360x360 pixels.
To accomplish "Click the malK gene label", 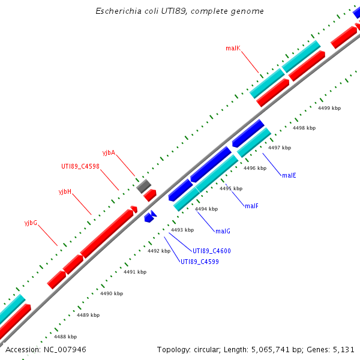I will tap(233, 48).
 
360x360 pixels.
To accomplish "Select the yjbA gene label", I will tap(109, 152).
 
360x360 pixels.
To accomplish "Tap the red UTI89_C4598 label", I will tap(80, 167).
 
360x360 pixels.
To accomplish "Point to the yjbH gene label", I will tap(65, 192).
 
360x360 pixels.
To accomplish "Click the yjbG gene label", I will tap(31, 223).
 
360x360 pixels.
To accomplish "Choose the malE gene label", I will tap(289, 175).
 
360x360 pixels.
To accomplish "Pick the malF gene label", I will tap(251, 206).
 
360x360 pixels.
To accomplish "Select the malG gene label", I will tap(223, 231).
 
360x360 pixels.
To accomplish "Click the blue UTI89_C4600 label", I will tap(211, 251).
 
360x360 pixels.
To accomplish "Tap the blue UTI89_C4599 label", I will tap(200, 262).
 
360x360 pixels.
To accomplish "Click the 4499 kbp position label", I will tap(329, 108).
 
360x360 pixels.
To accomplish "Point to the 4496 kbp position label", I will tap(255, 168).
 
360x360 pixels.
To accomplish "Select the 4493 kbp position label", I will tap(182, 230).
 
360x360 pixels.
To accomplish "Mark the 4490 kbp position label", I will tap(112, 293).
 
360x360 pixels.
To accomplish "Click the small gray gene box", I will tap(143, 186).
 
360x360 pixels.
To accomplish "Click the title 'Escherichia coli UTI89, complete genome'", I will tap(179, 11).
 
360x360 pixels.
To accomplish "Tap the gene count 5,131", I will tap(344, 349).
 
